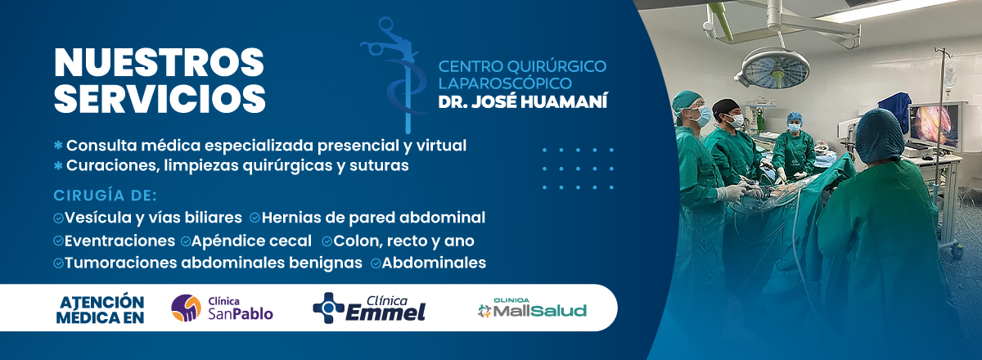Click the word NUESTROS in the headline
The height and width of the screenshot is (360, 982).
pyautogui.click(x=159, y=62)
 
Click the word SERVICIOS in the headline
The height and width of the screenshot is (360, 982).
pyautogui.click(x=160, y=98)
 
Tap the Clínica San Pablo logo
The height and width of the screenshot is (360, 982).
pyautogui.click(x=222, y=308)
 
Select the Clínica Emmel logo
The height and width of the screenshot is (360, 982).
pyautogui.click(x=369, y=308)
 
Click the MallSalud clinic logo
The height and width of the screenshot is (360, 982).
pyautogui.click(x=532, y=308)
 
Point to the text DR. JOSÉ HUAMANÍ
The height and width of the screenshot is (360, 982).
pyautogui.click(x=523, y=101)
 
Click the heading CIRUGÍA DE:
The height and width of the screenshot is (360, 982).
pyautogui.click(x=106, y=196)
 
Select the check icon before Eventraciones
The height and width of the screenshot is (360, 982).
pyautogui.click(x=58, y=241)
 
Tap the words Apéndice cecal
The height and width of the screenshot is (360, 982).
pyautogui.click(x=252, y=241)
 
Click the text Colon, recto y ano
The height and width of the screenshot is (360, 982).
pyautogui.click(x=403, y=241)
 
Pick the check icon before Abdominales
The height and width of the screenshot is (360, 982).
pyautogui.click(x=376, y=263)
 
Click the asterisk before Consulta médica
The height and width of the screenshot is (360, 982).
pyautogui.click(x=58, y=146)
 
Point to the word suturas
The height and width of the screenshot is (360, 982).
pyautogui.click(x=379, y=166)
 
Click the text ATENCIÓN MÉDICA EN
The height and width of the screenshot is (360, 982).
pyautogui.click(x=101, y=309)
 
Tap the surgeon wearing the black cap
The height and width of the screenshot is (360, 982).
pyautogui.click(x=732, y=140)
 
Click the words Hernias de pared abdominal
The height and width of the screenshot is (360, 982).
pyautogui.click(x=373, y=218)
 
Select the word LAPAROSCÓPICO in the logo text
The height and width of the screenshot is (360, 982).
pyautogui.click(x=505, y=83)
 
